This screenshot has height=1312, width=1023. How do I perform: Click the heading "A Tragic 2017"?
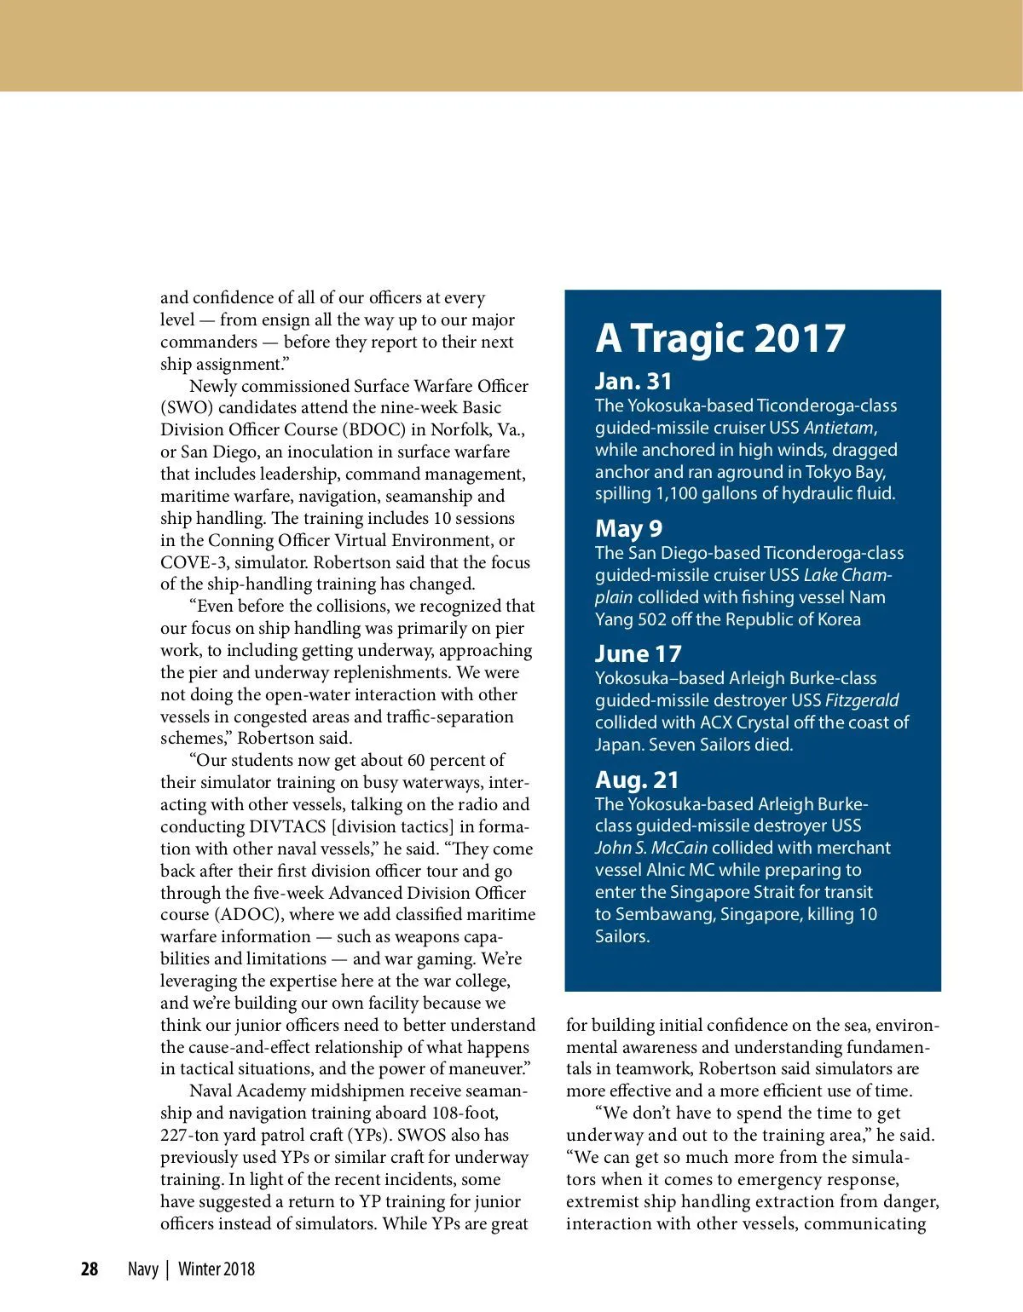[720, 338]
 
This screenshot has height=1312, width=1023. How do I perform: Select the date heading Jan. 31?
[633, 381]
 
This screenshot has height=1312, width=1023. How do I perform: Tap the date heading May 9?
[628, 528]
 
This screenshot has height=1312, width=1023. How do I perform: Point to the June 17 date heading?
[639, 653]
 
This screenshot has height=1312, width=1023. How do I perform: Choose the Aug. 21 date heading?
[637, 780]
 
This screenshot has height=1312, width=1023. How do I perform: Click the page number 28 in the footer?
[90, 1269]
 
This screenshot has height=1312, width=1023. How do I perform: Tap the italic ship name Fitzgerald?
[862, 700]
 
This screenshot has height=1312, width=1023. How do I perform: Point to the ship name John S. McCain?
[651, 848]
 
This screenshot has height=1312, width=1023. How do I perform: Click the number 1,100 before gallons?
[674, 493]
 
